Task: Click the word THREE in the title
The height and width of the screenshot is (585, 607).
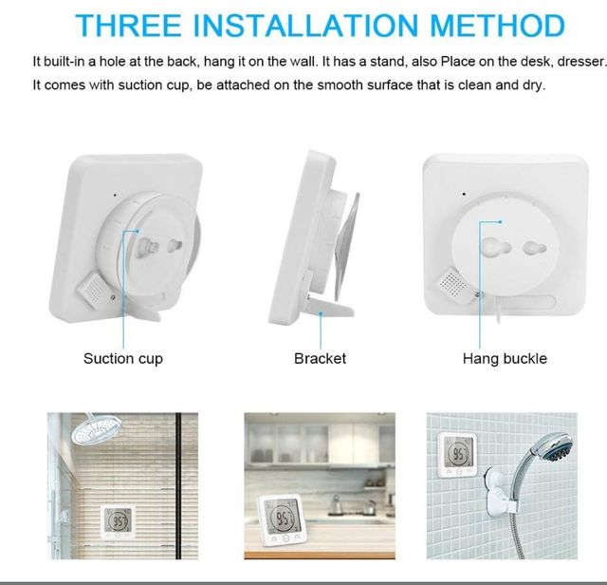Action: click(x=126, y=25)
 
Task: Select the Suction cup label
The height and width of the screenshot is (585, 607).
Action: click(x=123, y=358)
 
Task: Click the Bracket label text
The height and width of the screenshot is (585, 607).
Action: click(x=320, y=358)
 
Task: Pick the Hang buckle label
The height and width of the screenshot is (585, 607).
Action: click(x=505, y=358)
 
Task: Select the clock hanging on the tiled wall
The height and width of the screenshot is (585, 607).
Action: click(x=459, y=458)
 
